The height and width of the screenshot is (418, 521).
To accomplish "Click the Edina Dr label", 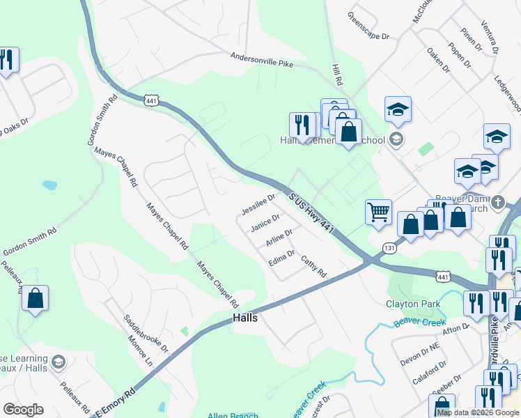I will [x=282, y=258].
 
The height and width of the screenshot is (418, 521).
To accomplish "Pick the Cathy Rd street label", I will [x=313, y=267].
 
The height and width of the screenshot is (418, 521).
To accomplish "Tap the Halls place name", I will [x=244, y=318].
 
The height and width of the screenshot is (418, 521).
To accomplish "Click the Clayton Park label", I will [x=413, y=304].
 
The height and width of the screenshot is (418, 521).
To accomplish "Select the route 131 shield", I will [x=389, y=249].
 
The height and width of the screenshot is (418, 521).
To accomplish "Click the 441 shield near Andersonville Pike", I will [x=151, y=100].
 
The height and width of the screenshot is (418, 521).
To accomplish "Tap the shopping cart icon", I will [x=378, y=212].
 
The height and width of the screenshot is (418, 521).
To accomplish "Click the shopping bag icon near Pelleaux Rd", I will [x=35, y=298].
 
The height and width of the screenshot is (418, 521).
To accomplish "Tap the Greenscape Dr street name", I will [x=368, y=26].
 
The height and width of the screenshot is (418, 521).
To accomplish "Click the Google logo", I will [x=23, y=410].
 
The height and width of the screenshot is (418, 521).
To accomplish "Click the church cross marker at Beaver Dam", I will [x=497, y=203].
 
